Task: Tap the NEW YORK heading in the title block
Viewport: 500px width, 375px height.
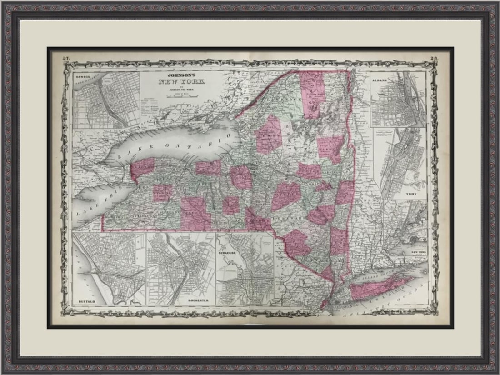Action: click(181, 82)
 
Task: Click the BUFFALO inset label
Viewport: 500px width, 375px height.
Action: click(86, 301)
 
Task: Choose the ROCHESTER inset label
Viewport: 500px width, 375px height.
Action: click(197, 300)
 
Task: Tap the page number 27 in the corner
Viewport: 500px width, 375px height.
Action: click(66, 58)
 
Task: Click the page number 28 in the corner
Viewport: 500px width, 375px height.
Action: click(434, 58)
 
